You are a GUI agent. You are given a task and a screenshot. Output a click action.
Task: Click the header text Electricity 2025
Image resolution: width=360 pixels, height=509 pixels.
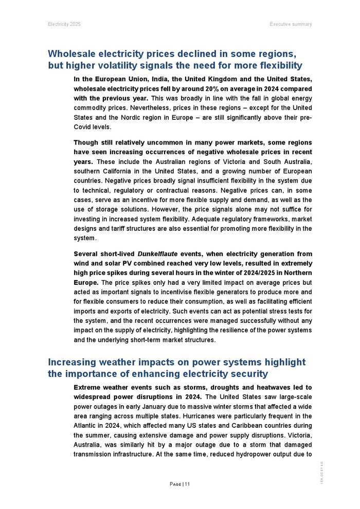[x=64, y=24]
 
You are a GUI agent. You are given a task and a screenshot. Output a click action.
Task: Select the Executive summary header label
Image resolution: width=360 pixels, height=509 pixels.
[x=291, y=24]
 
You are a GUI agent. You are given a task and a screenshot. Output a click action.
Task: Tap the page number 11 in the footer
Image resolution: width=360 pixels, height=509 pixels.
[x=187, y=484]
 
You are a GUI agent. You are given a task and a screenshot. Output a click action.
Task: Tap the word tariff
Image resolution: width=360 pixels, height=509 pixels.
[x=137, y=228]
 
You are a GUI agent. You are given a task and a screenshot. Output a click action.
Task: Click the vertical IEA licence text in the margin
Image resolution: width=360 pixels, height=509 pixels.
[x=321, y=472]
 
